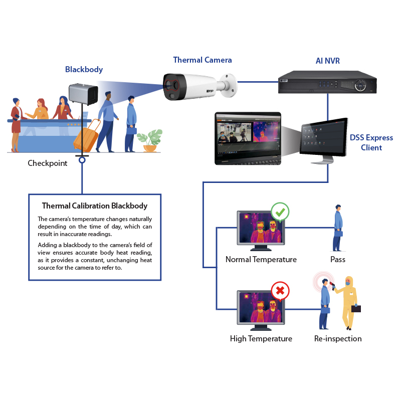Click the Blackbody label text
[x=84, y=70]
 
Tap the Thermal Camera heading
[x=203, y=60]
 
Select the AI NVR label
[x=327, y=61]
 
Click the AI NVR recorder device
[x=327, y=84]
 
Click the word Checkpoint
[x=48, y=163]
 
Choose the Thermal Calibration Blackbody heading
[x=94, y=206]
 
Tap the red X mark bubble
[x=280, y=291]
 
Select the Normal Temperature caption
[x=261, y=260]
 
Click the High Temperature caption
[x=261, y=339]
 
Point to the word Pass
[x=337, y=260]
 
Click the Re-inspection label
[x=337, y=339]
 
